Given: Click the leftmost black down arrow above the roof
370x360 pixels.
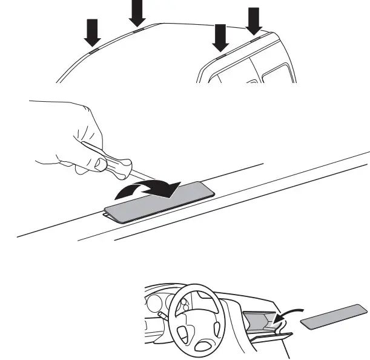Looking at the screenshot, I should tap(92, 32).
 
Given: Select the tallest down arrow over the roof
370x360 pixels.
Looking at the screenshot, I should tap(138, 12).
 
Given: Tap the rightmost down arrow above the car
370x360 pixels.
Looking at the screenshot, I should tap(254, 20).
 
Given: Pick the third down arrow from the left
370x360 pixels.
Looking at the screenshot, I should tap(220, 37).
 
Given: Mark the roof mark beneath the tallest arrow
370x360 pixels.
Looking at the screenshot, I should tap(138, 28).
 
